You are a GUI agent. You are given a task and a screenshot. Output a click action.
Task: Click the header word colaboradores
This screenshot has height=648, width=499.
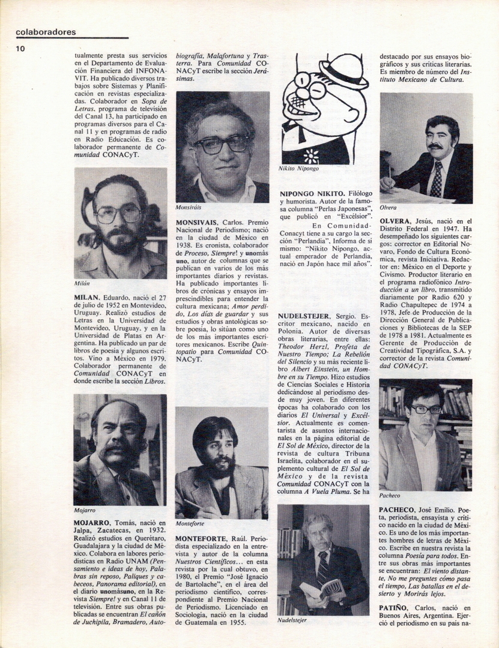point(46,32)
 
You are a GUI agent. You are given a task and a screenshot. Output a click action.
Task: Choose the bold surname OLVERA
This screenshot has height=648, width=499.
point(395,221)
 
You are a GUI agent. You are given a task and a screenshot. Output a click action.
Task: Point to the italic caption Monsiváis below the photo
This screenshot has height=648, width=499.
point(189,206)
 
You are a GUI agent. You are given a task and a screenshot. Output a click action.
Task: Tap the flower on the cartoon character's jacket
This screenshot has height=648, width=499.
point(310,156)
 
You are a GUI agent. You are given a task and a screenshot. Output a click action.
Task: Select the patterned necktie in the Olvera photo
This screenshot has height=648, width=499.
point(437,179)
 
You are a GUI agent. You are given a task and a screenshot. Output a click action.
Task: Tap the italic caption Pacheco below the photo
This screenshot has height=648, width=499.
point(390,496)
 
